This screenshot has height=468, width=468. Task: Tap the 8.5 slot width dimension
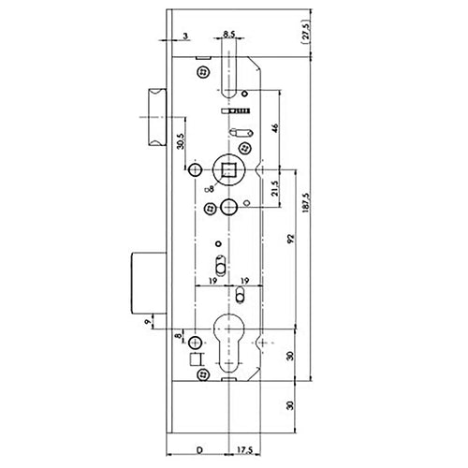229,36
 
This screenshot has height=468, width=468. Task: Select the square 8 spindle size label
211,189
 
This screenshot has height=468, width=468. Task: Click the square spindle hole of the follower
227,170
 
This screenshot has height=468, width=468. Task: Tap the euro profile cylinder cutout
228,342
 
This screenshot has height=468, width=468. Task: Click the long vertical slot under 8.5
229,76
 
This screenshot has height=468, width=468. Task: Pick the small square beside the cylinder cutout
195,359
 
